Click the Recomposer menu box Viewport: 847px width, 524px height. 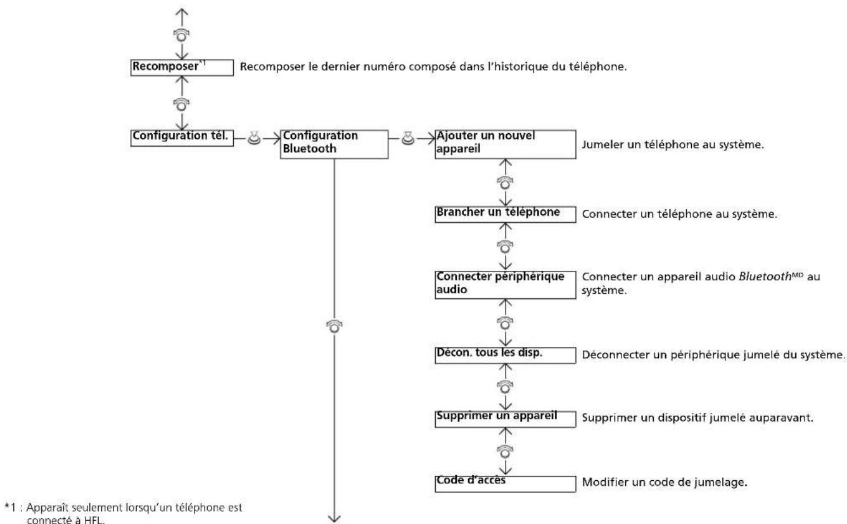click(x=182, y=68)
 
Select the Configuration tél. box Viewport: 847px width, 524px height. click(x=182, y=138)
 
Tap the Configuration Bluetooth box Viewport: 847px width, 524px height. click(x=334, y=144)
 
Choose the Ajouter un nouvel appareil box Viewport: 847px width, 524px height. click(x=506, y=144)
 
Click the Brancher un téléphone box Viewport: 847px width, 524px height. click(x=506, y=214)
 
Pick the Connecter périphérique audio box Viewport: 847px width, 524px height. click(x=506, y=285)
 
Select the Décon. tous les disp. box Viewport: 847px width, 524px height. click(x=506, y=355)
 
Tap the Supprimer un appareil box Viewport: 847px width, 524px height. click(x=506, y=419)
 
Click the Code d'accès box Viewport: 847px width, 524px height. click(x=506, y=484)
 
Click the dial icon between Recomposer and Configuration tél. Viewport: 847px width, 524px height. click(x=181, y=105)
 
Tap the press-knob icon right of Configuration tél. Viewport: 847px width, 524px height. click(x=254, y=138)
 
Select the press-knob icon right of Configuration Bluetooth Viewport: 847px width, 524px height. click(x=407, y=138)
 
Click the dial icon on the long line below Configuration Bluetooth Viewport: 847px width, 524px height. click(x=334, y=326)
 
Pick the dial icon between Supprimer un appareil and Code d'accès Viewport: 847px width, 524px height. click(x=505, y=451)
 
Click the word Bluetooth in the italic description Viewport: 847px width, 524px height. click(x=765, y=277)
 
